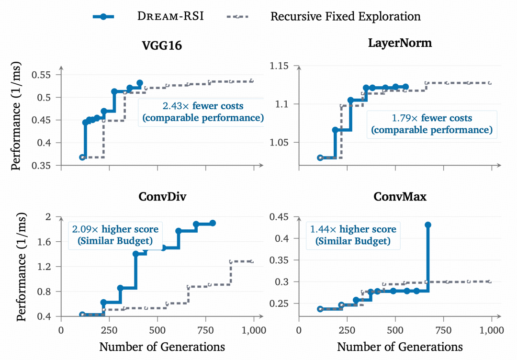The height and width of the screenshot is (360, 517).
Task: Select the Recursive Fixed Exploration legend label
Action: (x=345, y=16)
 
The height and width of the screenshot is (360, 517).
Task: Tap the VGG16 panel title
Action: (x=162, y=45)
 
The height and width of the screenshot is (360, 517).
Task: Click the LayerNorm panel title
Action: (x=400, y=43)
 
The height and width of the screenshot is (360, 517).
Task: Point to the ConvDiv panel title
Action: (x=162, y=196)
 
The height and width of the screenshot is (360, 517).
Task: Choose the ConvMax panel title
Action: (x=400, y=196)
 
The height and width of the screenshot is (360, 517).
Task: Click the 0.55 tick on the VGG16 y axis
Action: (x=41, y=75)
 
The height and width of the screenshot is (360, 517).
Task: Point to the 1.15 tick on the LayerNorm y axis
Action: (x=279, y=66)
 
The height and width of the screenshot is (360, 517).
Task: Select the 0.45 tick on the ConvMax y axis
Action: (x=279, y=217)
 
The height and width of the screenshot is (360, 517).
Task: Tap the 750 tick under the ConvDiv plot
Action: (x=206, y=330)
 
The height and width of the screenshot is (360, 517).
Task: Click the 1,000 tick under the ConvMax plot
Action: (x=492, y=330)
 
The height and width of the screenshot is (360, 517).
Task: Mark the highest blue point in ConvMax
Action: (x=428, y=225)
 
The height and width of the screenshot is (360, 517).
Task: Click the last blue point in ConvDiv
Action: (x=213, y=223)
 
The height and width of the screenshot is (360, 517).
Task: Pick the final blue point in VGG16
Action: (x=140, y=83)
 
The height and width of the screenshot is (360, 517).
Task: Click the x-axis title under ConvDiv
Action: (x=162, y=347)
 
